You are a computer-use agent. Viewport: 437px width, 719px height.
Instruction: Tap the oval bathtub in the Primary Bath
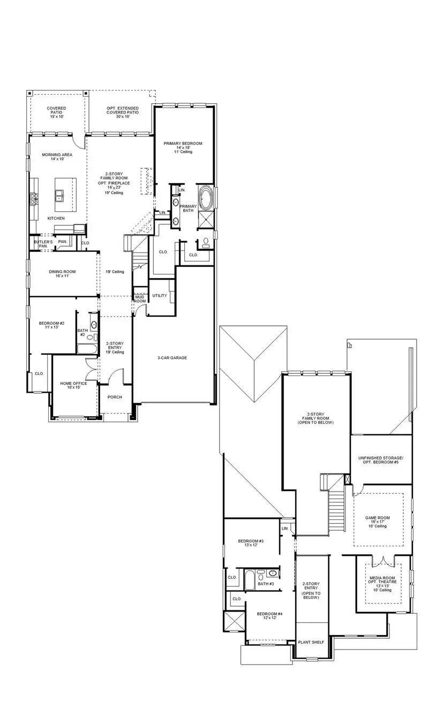point(205,198)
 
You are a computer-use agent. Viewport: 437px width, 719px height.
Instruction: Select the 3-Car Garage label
point(172,357)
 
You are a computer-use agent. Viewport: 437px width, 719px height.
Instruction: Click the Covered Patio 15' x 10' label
point(56,112)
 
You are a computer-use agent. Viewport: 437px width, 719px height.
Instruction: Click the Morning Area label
point(57,157)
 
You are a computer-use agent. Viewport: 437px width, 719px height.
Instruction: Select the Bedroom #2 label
point(51,325)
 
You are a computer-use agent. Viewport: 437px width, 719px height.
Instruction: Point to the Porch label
point(115,397)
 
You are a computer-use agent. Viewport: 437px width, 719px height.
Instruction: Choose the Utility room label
point(160,295)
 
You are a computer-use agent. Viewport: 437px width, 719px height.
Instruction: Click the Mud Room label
point(140,299)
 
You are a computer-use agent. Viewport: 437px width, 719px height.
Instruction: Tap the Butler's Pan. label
point(43,244)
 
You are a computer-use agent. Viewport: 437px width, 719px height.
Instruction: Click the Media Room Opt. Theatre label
point(383,584)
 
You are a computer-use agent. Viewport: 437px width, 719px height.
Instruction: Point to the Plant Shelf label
point(311,642)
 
